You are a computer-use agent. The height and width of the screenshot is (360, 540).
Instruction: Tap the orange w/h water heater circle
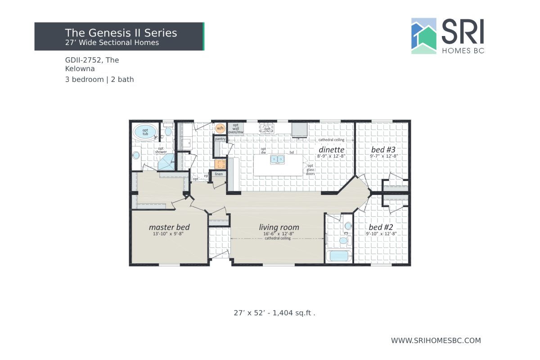coord(220,128)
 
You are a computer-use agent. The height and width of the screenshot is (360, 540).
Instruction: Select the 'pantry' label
coord(220,139)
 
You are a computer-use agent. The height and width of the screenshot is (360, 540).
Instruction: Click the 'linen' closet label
coord(219,174)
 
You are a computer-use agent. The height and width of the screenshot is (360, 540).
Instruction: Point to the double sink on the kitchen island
coord(277,159)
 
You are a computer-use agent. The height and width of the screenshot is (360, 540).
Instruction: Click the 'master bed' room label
coord(169,227)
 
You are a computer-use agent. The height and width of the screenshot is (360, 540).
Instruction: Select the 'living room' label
coord(279,227)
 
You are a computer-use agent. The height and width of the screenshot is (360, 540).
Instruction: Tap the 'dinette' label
coord(332,149)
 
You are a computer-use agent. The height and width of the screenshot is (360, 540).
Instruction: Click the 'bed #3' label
coord(383,149)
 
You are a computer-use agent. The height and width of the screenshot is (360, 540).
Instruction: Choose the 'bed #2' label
coord(382,227)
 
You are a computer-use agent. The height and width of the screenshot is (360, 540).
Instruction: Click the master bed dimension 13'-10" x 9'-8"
coord(169,234)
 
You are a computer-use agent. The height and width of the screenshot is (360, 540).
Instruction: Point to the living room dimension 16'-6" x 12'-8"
coord(279,234)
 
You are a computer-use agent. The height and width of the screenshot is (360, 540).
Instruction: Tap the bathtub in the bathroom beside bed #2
coord(340,256)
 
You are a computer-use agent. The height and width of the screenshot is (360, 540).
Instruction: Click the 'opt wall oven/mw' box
coord(235,128)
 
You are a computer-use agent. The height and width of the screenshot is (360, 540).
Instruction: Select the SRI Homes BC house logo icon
coord(424,36)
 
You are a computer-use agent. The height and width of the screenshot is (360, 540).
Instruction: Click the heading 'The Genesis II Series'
coord(121,33)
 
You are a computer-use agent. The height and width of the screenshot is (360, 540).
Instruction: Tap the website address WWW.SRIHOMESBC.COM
coord(436,341)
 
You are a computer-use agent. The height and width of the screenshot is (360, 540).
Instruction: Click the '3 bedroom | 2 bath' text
coord(99,80)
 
